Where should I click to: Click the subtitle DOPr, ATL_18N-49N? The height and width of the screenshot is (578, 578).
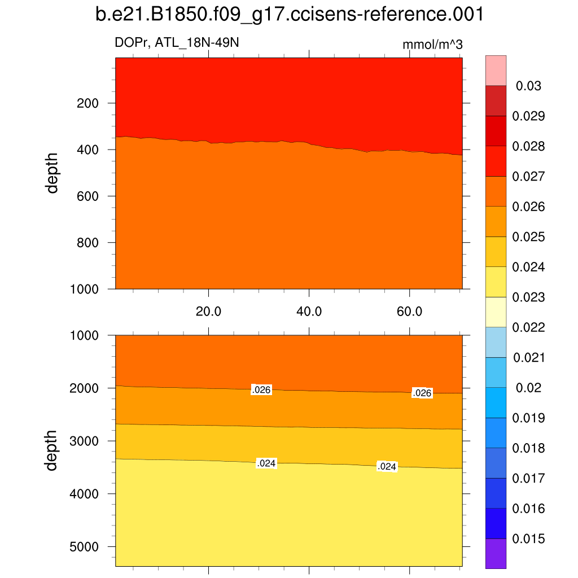(173, 42)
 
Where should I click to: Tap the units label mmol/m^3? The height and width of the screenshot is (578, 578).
(433, 45)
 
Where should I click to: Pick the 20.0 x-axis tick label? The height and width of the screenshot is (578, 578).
(209, 311)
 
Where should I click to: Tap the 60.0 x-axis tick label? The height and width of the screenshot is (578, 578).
(410, 311)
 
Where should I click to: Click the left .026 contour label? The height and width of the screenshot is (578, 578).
(261, 389)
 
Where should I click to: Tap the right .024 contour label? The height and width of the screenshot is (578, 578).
(387, 467)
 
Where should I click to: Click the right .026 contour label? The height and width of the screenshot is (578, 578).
(422, 393)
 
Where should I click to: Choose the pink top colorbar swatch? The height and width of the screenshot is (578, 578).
(496, 70)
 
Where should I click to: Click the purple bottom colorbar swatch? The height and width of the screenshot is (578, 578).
(496, 553)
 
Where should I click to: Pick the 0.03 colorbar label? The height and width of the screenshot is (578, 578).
(529, 86)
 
